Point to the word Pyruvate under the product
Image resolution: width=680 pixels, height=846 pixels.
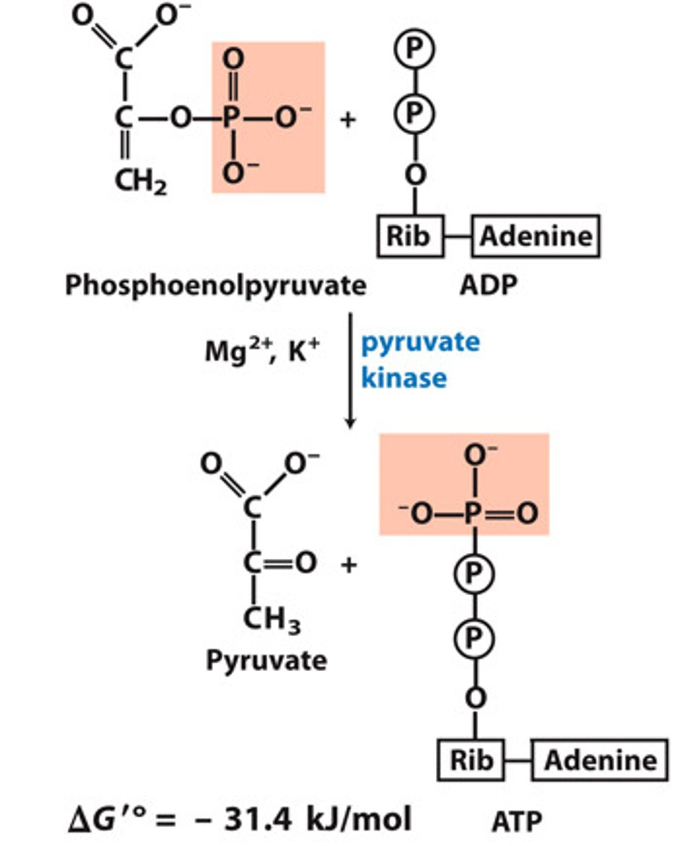tap(266, 661)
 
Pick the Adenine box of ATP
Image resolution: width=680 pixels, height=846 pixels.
tap(600, 760)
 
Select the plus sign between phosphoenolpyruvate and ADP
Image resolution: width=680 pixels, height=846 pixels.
tap(348, 119)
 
